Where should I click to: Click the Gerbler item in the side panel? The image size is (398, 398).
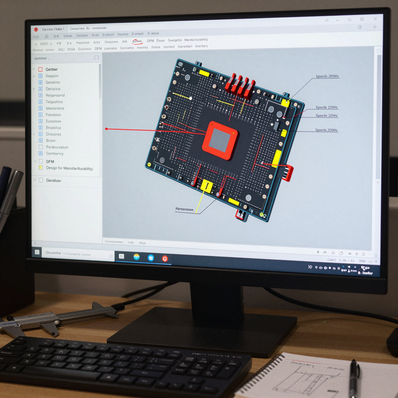pos(52,69)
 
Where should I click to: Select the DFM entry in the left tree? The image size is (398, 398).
pos(50,161)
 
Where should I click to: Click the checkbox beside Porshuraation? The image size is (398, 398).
pos(41,147)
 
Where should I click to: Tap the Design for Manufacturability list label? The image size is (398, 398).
pos(69,168)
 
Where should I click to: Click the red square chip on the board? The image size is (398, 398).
pos(220,140)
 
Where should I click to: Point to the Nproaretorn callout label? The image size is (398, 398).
pos(184,209)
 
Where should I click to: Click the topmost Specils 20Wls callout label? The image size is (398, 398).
pos(327,76)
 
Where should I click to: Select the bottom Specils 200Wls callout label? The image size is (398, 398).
pos(326,130)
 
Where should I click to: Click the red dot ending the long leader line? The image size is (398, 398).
pos(106,129)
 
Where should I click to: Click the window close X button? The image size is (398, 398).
pos(375,19)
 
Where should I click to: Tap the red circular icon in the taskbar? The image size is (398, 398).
pos(165,258)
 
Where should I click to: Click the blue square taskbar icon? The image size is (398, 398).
pos(151,258)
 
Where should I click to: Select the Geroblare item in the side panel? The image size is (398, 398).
pos(53,180)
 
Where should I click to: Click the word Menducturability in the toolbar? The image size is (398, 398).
pos(196,40)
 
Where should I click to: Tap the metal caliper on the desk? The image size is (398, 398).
pos(52,319)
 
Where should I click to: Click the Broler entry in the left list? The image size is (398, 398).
pos(51,140)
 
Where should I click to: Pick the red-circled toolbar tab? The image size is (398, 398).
pos(137,41)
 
